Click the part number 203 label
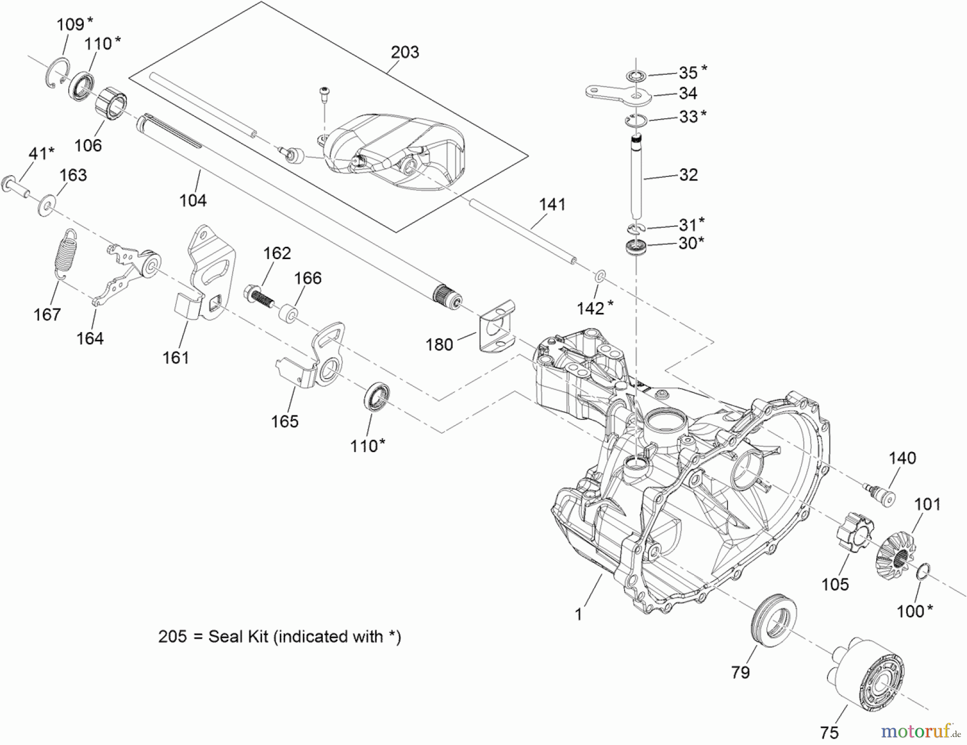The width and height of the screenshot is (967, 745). pyautogui.click(x=405, y=52)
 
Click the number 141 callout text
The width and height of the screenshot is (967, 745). pyautogui.click(x=552, y=204)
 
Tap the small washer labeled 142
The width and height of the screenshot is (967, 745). pyautogui.click(x=600, y=276)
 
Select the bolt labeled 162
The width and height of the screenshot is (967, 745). pyautogui.click(x=259, y=298)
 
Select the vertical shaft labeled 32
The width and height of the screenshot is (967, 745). pyautogui.click(x=636, y=177)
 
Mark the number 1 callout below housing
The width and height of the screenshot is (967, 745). pyautogui.click(x=578, y=614)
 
